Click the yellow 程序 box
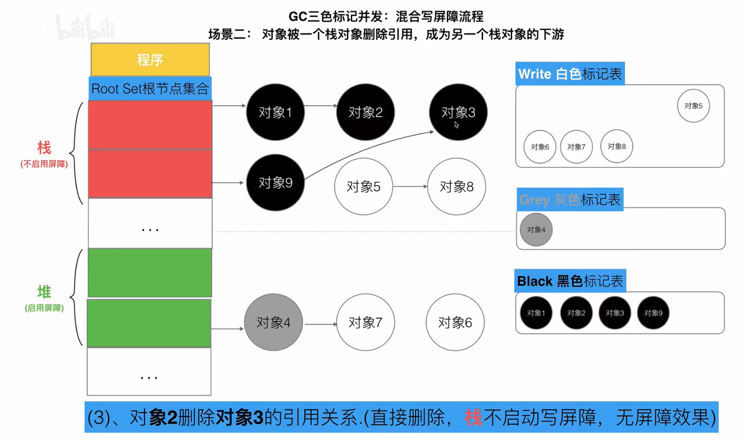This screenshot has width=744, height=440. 150,60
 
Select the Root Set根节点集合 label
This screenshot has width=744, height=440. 150,89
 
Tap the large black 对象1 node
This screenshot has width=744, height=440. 275,112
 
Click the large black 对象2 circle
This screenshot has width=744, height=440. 365,112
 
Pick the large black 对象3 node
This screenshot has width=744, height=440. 458,112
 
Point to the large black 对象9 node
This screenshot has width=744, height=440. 275,182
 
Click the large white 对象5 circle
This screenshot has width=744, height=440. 363,186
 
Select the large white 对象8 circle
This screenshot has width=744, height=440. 456,186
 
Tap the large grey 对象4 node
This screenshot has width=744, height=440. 273,322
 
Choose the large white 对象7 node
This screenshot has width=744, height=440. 365,322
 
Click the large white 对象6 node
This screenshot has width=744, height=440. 455,322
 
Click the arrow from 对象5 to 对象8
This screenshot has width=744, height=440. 410,186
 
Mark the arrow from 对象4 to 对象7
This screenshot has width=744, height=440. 320,324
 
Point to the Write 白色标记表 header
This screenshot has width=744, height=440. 570,74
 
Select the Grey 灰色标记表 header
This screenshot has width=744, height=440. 570,200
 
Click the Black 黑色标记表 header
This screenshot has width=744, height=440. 570,281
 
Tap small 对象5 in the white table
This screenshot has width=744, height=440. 693,106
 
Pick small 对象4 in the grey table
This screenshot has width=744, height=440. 536,230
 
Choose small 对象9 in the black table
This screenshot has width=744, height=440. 653,313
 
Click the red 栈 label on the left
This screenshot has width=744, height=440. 44,148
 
